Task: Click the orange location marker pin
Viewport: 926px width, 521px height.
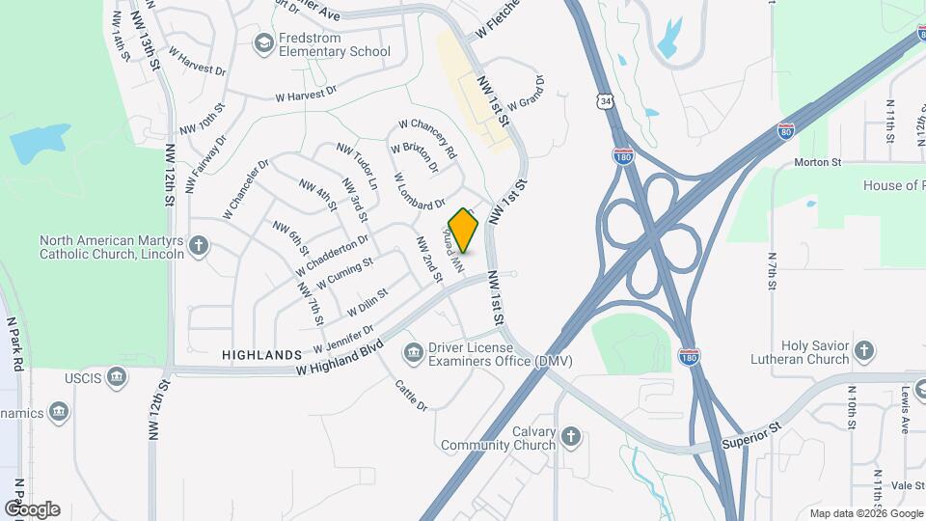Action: click(464, 231)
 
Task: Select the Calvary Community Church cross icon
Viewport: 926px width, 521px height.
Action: click(571, 436)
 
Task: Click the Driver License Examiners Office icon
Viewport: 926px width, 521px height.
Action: click(413, 353)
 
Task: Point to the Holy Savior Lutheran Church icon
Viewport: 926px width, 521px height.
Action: click(864, 351)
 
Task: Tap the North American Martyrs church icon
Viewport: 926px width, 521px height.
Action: click(200, 246)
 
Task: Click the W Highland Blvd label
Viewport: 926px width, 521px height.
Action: click(340, 357)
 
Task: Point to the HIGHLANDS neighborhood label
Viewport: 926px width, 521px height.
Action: click(262, 355)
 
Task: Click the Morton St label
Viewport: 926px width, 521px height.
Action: click(818, 163)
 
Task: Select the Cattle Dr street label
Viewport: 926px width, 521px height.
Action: click(411, 396)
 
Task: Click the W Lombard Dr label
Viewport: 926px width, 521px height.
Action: click(420, 191)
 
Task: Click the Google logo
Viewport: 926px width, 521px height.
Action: click(32, 508)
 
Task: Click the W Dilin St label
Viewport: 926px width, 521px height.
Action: click(367, 301)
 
